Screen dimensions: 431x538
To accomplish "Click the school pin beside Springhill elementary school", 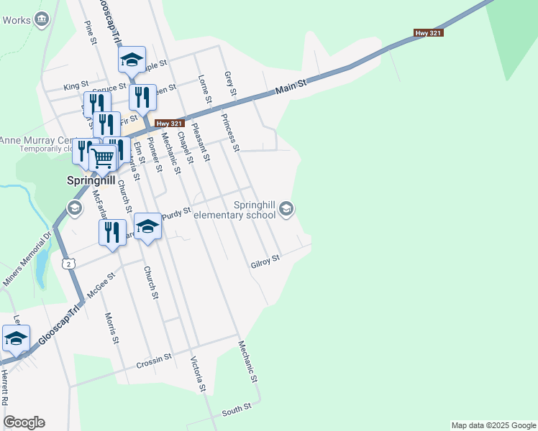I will (286, 209).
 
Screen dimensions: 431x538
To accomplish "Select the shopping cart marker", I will (103, 157).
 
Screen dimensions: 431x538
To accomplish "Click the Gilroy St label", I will (265, 263).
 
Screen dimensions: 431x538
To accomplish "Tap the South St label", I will (236, 410).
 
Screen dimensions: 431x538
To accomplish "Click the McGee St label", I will (101, 285).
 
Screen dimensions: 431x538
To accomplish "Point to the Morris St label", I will (110, 328).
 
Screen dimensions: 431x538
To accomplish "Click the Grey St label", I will (230, 85).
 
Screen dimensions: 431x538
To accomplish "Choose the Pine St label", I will (91, 32).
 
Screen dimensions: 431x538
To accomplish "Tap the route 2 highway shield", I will (68, 264).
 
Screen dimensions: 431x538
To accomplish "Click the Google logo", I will (24, 422).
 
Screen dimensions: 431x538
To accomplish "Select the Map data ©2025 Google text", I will (493, 425).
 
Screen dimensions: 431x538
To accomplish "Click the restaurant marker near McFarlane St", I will (111, 233).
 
